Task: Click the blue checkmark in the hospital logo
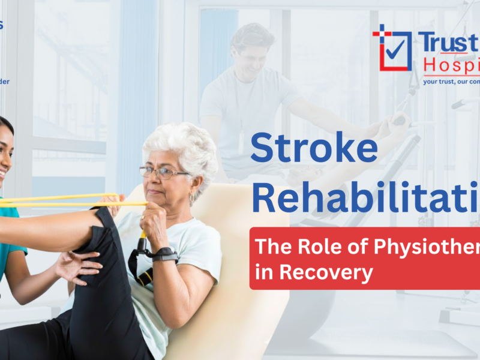pyautogui.click(x=394, y=50)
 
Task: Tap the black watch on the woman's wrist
pyautogui.click(x=164, y=254)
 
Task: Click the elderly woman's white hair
pyautogui.click(x=180, y=144)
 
